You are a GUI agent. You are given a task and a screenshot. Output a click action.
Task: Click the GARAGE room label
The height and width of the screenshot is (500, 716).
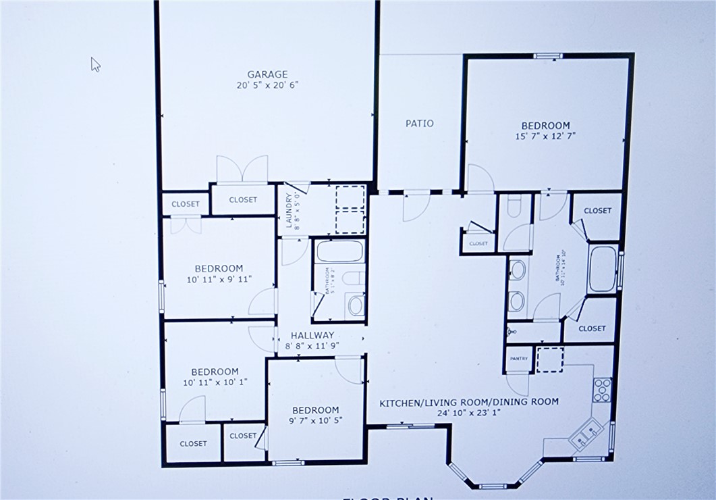pyautogui.click(x=267, y=74)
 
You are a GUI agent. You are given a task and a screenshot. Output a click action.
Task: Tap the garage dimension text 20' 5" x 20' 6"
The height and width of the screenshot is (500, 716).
pyautogui.click(x=267, y=85)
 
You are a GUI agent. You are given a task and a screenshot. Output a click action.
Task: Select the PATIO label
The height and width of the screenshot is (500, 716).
pyautogui.click(x=419, y=124)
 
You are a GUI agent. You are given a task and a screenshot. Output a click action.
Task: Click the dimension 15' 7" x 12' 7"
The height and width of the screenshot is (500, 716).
pyautogui.click(x=545, y=136)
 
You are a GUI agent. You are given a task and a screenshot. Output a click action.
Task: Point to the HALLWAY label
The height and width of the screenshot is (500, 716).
pyautogui.click(x=312, y=335)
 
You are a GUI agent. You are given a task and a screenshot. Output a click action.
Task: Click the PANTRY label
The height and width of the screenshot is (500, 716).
pyautogui.click(x=519, y=359)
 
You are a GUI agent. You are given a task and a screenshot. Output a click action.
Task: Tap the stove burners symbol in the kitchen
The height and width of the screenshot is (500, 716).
pyautogui.click(x=601, y=389)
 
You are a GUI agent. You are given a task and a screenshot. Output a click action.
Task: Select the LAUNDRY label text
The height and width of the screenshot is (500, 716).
pyautogui.click(x=289, y=211)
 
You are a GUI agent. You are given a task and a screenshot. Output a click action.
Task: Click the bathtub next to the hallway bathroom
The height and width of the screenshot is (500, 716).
pyautogui.click(x=340, y=251)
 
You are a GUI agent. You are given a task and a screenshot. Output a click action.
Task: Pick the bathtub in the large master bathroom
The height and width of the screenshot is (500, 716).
pyautogui.click(x=602, y=269)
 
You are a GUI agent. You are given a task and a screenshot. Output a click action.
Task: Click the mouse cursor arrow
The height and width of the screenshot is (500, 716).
pyautogui.click(x=95, y=64)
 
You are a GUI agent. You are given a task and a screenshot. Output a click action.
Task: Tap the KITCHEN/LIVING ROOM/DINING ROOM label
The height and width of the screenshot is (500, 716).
pyautogui.click(x=469, y=401)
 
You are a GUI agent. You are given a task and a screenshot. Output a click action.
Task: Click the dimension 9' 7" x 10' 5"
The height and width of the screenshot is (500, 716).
pyautogui.click(x=316, y=420)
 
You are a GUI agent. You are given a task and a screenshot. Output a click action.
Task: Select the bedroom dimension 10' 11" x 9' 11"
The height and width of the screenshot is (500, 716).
pyautogui.click(x=219, y=278)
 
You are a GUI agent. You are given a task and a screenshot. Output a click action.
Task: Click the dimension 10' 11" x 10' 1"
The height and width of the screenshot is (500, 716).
pyautogui.click(x=215, y=382)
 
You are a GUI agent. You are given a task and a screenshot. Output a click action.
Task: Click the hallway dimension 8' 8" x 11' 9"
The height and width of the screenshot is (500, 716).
pyautogui.click(x=312, y=345)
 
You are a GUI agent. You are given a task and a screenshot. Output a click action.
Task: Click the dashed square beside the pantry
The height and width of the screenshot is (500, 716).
pyautogui.click(x=549, y=359)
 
